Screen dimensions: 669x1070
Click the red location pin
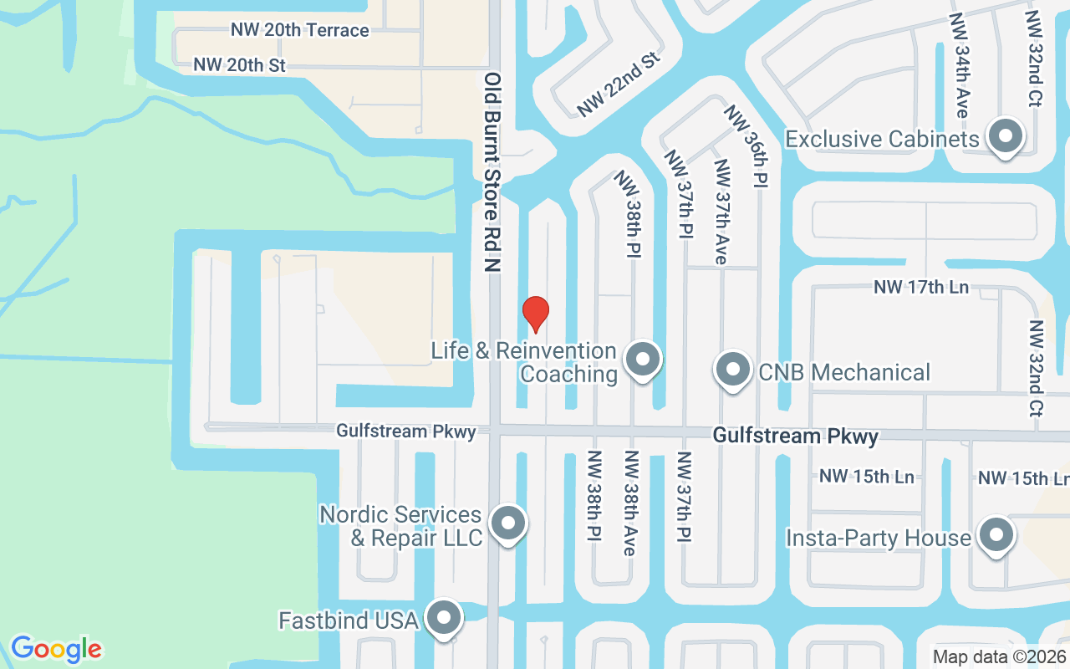tap(535, 313)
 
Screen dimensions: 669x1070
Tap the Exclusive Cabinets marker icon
tap(1006, 135)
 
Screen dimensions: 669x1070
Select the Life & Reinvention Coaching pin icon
tap(643, 360)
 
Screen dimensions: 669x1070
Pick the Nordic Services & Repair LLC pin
tap(507, 523)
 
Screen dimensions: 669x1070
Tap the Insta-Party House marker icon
tap(996, 535)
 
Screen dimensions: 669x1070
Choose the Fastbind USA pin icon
tap(444, 618)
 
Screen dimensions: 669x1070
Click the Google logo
tap(56, 649)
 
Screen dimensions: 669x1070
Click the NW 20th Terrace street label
tap(299, 30)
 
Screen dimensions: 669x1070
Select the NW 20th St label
tap(239, 64)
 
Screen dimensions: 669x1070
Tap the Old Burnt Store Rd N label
tap(492, 171)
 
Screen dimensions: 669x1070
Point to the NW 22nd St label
tap(619, 84)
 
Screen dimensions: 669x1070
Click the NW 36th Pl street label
tap(746, 146)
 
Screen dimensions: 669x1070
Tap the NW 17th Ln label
tap(921, 287)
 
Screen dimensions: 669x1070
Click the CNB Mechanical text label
tap(843, 372)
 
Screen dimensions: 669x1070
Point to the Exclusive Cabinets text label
tap(882, 139)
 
